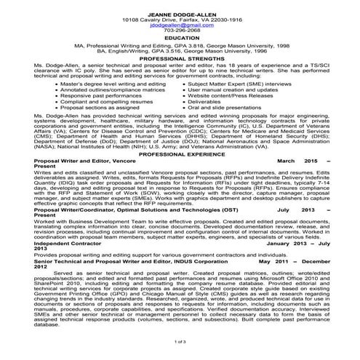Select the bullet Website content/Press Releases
click(222, 96)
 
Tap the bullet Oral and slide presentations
click(222, 108)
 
